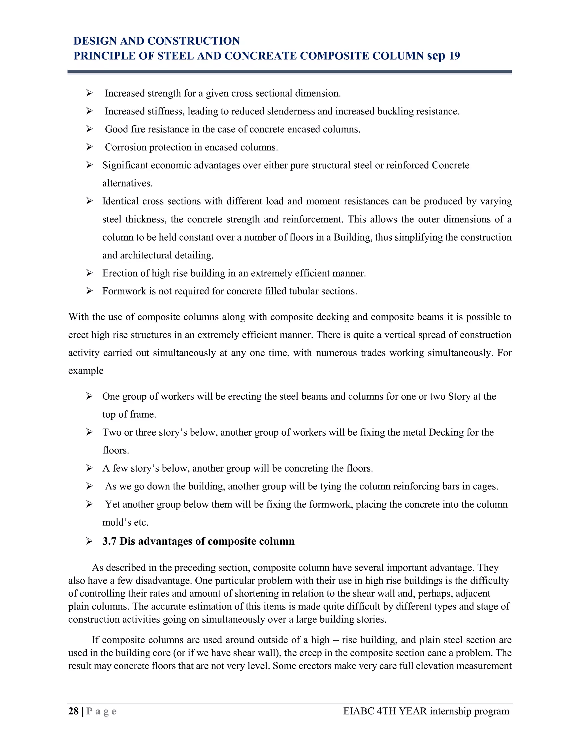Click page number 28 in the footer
[x=73, y=711]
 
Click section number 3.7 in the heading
[x=109, y=541]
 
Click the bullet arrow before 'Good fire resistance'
[x=89, y=129]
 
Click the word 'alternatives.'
[x=127, y=183]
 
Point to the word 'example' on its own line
[x=86, y=371]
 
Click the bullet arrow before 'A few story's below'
[x=89, y=468]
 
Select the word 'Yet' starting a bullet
[x=112, y=504]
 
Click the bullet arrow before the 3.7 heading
[x=89, y=541]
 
